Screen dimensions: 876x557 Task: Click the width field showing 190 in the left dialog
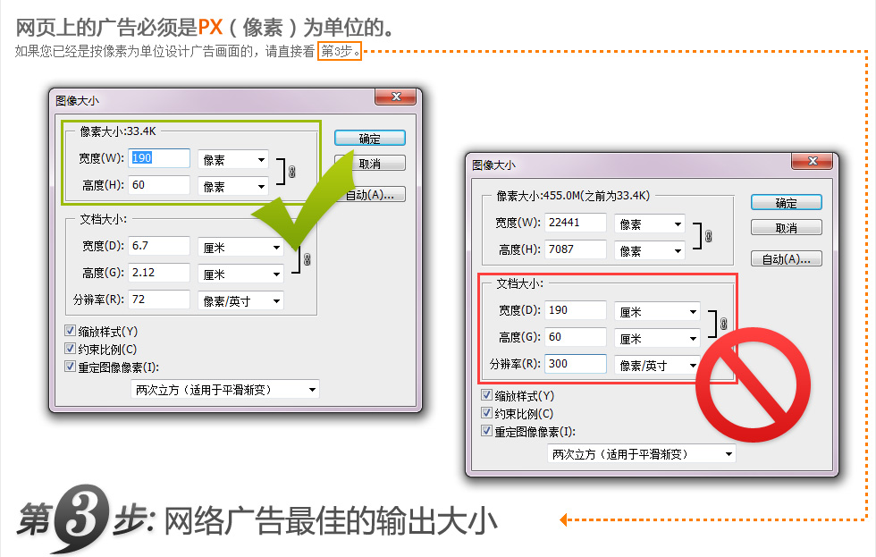159,158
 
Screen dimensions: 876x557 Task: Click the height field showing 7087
576,249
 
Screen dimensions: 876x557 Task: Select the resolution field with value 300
576,364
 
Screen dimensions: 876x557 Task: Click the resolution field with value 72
159,300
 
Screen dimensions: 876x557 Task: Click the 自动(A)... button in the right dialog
786,258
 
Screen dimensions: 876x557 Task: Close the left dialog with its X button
395,97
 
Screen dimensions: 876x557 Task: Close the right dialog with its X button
813,161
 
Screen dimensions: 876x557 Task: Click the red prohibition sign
753,385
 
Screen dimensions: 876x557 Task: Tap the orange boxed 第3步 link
340,51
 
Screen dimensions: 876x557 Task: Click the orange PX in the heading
211,27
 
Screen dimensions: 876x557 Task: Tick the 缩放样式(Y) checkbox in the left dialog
71,331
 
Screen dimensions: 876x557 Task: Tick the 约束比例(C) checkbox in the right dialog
486,413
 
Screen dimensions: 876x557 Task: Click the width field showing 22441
576,223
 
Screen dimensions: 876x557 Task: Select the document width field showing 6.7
159,246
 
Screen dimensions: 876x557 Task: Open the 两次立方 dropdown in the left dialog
225,390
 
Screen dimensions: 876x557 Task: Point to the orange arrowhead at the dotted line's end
564,519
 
